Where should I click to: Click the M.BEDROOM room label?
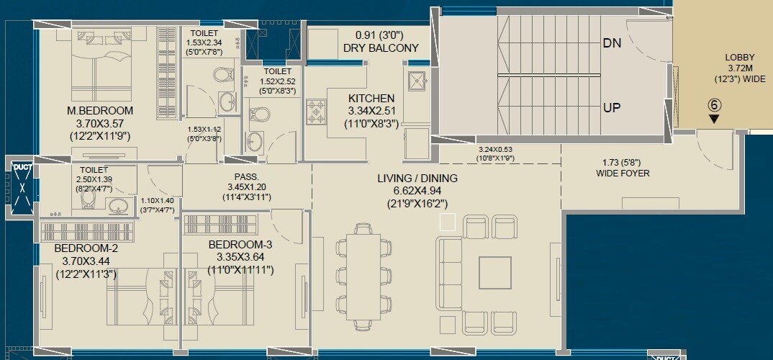point(100,111)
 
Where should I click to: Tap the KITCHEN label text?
point(371,99)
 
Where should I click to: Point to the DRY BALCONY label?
point(386,48)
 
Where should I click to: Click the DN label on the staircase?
point(612,43)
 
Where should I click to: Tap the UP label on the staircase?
point(612,107)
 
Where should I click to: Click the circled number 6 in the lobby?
point(714,103)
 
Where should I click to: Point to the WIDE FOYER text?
point(623,174)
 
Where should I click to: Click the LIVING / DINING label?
point(416,179)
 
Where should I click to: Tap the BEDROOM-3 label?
point(240,245)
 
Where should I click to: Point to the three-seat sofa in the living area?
point(451,272)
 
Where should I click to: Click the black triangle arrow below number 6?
point(713,119)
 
